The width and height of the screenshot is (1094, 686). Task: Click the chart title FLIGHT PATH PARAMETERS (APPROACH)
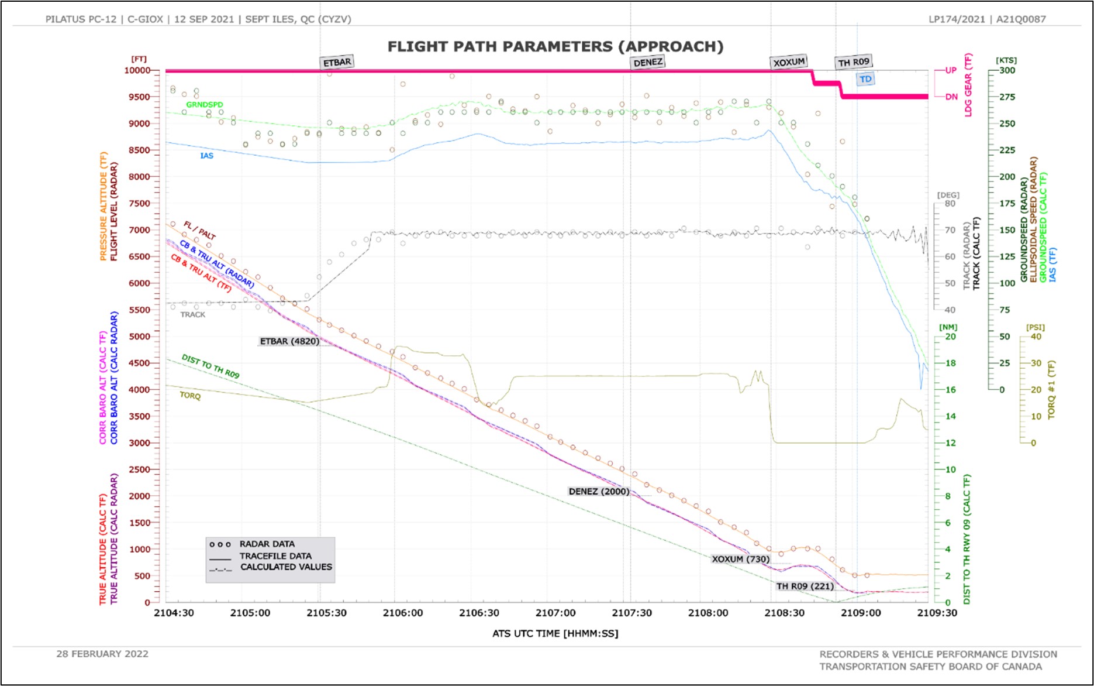click(555, 47)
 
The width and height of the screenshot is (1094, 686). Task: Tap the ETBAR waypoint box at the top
click(337, 62)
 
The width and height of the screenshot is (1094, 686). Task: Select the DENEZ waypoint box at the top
click(648, 62)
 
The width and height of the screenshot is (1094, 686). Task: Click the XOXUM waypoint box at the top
click(789, 62)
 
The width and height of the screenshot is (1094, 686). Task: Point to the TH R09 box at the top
click(853, 62)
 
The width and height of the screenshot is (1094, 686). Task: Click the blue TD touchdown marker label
click(865, 79)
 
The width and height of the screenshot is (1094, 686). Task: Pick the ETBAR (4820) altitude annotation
click(289, 341)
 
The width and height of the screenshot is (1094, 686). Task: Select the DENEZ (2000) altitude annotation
click(599, 491)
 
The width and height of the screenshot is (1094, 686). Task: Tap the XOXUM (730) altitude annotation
click(740, 559)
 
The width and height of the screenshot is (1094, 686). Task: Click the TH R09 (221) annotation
click(805, 586)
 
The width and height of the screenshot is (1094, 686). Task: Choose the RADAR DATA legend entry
click(267, 544)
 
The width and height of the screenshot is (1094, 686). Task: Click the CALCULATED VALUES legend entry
click(285, 567)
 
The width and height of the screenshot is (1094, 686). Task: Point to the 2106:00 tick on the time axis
click(403, 613)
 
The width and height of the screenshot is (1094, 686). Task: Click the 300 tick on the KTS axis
click(1007, 70)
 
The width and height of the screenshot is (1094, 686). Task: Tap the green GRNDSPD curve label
click(205, 105)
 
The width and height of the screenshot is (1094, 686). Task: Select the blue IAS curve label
click(207, 156)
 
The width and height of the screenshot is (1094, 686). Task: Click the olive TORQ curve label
click(190, 396)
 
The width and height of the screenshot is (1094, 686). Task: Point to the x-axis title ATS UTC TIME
click(555, 633)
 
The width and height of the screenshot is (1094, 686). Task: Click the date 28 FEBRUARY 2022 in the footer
click(102, 654)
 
